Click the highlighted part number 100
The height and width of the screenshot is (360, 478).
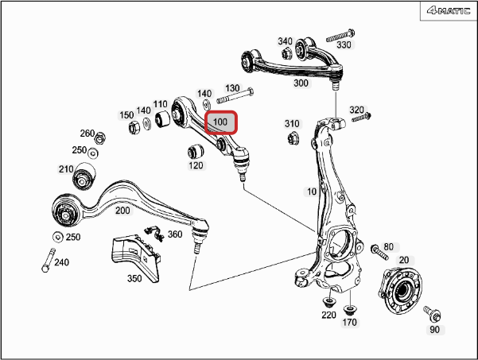(x=221, y=122)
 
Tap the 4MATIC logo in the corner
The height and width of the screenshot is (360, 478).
(x=449, y=11)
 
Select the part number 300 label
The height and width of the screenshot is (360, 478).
(x=301, y=83)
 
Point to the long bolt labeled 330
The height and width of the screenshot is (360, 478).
(x=340, y=35)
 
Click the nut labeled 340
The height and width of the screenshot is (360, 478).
(x=286, y=53)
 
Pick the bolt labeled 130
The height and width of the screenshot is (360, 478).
(x=235, y=95)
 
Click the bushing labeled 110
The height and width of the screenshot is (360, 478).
(x=162, y=118)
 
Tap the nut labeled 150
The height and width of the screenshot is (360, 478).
(x=134, y=127)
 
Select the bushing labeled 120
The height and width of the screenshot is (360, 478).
(x=196, y=151)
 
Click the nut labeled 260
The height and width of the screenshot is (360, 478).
(x=100, y=138)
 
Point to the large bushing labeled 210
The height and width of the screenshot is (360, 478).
(x=84, y=176)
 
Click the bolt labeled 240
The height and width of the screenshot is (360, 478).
(x=49, y=260)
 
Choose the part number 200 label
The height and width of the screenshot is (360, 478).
(x=122, y=211)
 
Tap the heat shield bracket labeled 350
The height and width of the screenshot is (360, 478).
(x=135, y=257)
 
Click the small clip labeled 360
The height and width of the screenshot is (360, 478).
(x=154, y=234)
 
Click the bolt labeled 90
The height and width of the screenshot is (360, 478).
(x=433, y=314)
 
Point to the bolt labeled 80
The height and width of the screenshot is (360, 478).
(x=379, y=252)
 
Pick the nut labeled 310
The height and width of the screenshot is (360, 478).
(x=293, y=138)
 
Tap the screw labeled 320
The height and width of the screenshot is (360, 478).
(x=362, y=118)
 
